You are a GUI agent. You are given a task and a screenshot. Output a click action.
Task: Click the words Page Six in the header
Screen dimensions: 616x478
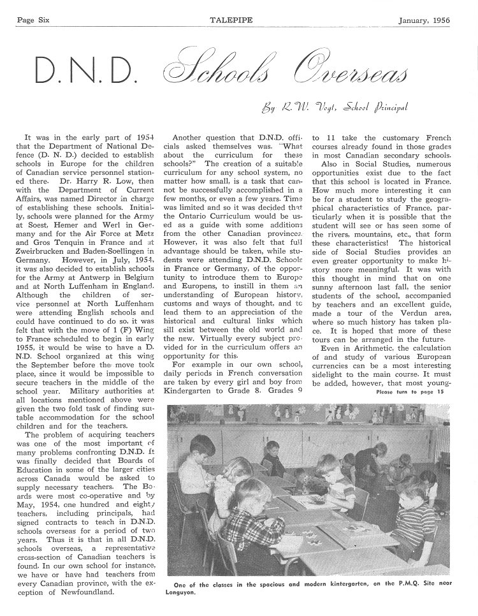(33, 20)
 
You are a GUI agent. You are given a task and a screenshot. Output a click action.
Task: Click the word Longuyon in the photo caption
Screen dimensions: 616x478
(188, 592)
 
